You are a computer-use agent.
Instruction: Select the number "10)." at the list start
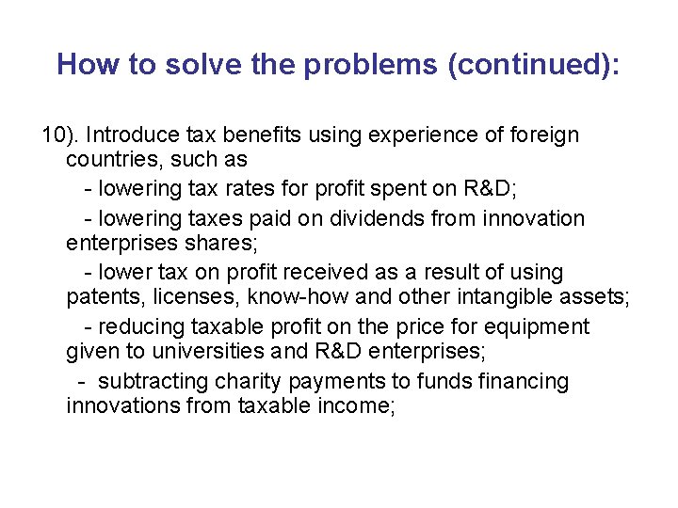tap(60, 135)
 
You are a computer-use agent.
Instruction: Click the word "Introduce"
tap(126, 135)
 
